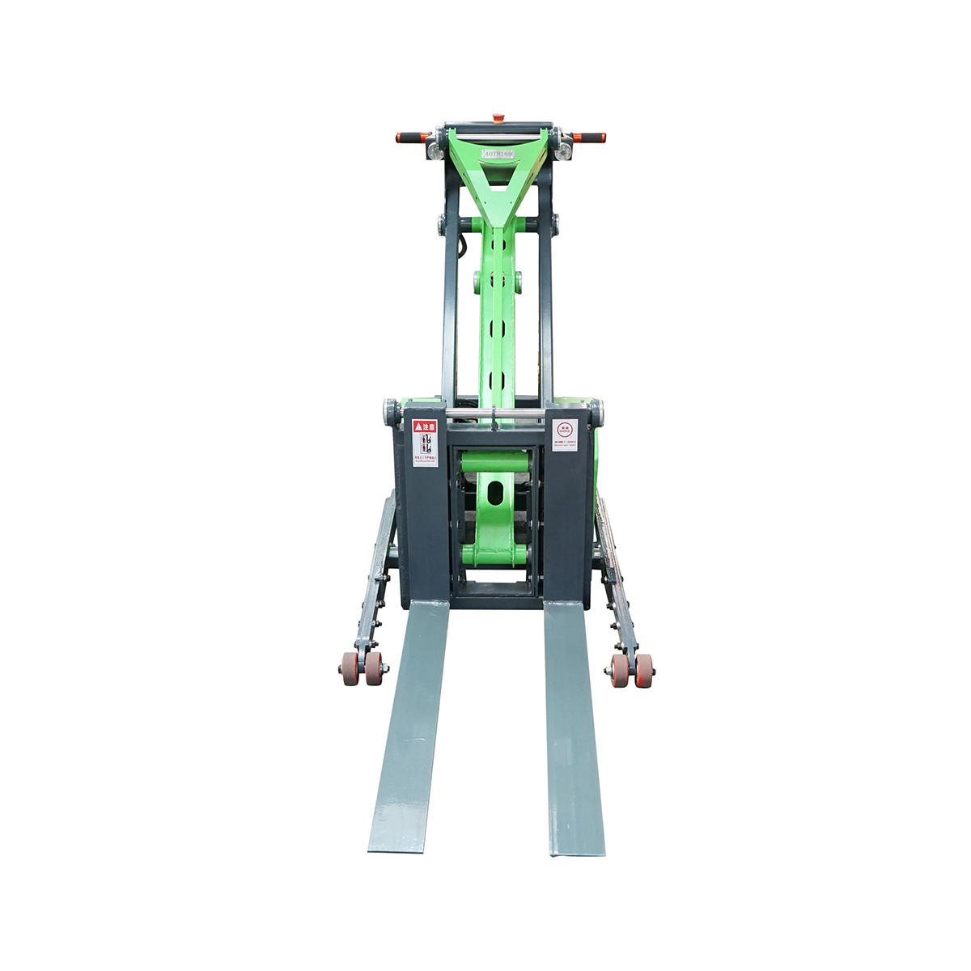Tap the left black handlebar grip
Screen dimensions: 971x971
(x=411, y=138)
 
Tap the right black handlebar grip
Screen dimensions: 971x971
(x=589, y=137)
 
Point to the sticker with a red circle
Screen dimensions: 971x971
(x=564, y=435)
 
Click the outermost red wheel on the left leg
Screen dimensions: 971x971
(x=350, y=668)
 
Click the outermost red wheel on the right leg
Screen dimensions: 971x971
(x=644, y=670)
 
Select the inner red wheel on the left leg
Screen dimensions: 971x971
(x=374, y=668)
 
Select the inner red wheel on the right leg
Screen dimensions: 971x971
(x=620, y=670)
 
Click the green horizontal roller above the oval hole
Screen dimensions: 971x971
(x=495, y=462)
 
